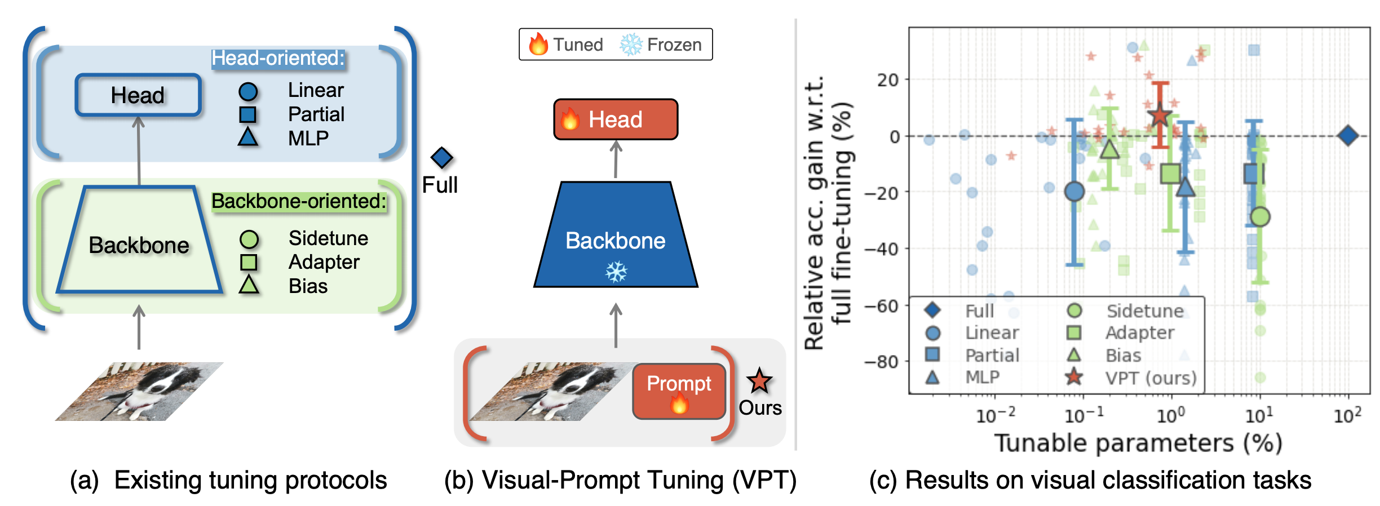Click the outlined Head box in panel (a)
coord(138,95)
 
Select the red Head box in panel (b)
coord(616,119)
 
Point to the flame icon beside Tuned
coord(538,43)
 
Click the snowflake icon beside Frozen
coord(631,44)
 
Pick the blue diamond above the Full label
coord(441,158)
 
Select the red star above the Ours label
coord(759,381)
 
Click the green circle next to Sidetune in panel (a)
coord(249,239)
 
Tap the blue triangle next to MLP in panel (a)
coord(248,137)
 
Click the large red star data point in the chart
coord(1160,116)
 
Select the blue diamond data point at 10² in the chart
coord(1348,135)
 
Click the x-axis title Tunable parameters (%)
coord(1138,443)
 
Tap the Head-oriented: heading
coord(278,58)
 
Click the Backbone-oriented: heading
coord(299,201)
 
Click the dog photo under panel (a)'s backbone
coord(139,391)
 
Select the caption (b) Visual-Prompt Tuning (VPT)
coord(620,481)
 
